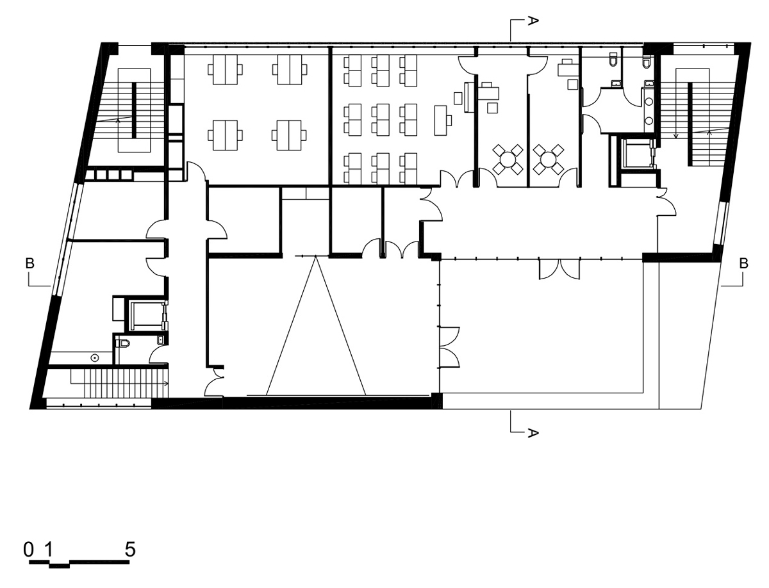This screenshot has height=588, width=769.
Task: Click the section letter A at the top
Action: pyautogui.click(x=532, y=20)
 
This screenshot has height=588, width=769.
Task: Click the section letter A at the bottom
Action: pyautogui.click(x=532, y=433)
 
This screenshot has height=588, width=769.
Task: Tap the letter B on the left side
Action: pyautogui.click(x=30, y=263)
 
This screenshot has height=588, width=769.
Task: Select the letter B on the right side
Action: pyautogui.click(x=743, y=263)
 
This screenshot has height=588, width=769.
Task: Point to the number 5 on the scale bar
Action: pyautogui.click(x=130, y=550)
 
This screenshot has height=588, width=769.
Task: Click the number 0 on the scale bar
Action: pyautogui.click(x=28, y=550)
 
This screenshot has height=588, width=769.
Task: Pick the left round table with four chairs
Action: pyautogui.click(x=508, y=159)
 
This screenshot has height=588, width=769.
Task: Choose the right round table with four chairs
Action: pyautogui.click(x=549, y=159)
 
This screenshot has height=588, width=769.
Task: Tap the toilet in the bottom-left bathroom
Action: pyautogui.click(x=125, y=343)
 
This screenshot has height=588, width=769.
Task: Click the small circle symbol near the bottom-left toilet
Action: pyautogui.click(x=94, y=357)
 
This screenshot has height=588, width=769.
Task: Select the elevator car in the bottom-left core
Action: pyautogui.click(x=146, y=315)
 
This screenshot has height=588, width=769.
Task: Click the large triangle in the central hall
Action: pyautogui.click(x=316, y=325)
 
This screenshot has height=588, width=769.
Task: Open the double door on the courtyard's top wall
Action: pyautogui.click(x=559, y=270)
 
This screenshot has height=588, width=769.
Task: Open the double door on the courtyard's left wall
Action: pyautogui.click(x=449, y=347)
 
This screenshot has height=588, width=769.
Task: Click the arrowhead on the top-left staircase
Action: pyautogui.click(x=118, y=121)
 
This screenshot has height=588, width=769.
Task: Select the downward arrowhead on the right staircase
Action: pyautogui.click(x=676, y=136)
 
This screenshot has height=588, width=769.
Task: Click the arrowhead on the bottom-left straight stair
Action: pyautogui.click(x=167, y=384)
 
